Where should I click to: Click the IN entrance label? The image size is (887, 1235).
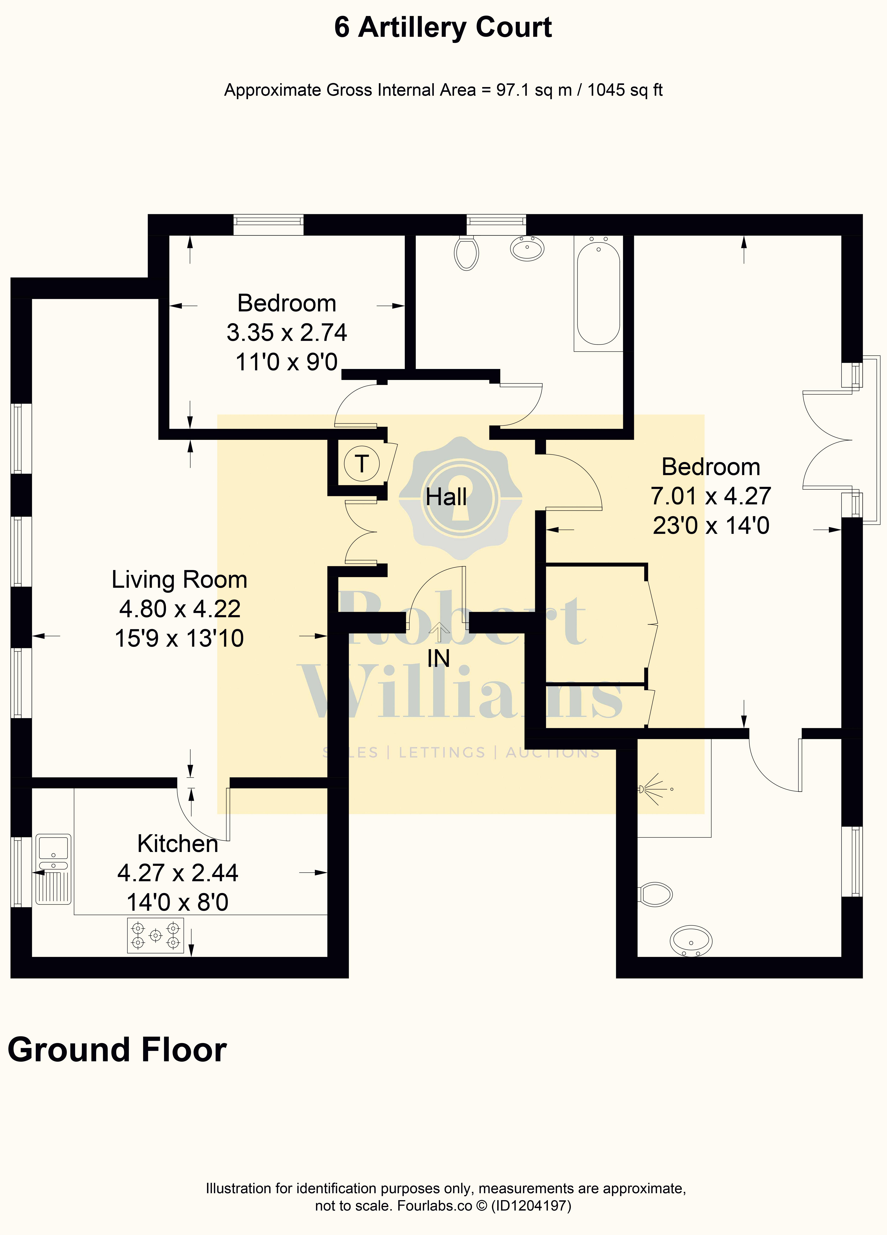pos(438,658)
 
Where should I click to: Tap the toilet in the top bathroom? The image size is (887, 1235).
pos(467,253)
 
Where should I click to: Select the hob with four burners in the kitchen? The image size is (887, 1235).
pos(155,936)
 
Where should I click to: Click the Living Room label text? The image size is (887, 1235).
pos(180,579)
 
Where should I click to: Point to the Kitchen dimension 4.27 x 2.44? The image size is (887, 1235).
pos(178,873)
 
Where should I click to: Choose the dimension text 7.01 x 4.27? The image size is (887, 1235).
pos(711,496)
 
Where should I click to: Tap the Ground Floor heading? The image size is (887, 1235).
pos(117,1050)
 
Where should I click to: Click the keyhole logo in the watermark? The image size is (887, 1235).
pos(461,498)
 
